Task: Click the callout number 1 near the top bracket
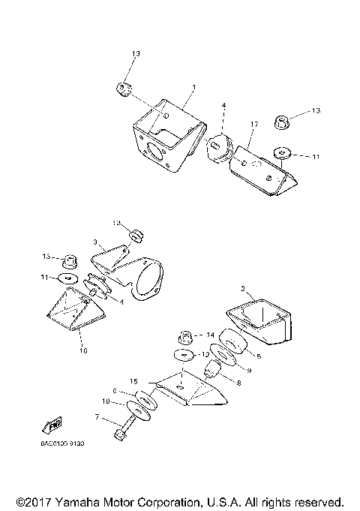[193, 88]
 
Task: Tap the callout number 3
[95, 242]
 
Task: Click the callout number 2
[242, 288]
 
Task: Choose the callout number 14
[211, 335]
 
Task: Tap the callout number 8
[238, 382]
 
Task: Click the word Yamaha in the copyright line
[74, 500]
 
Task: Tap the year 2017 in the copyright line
[35, 500]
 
